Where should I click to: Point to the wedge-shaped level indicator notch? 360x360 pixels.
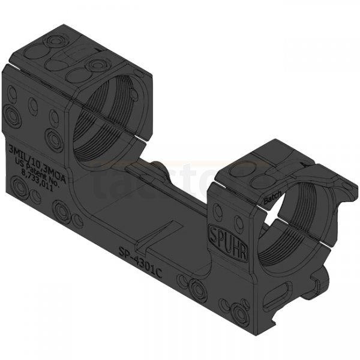[157, 235]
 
